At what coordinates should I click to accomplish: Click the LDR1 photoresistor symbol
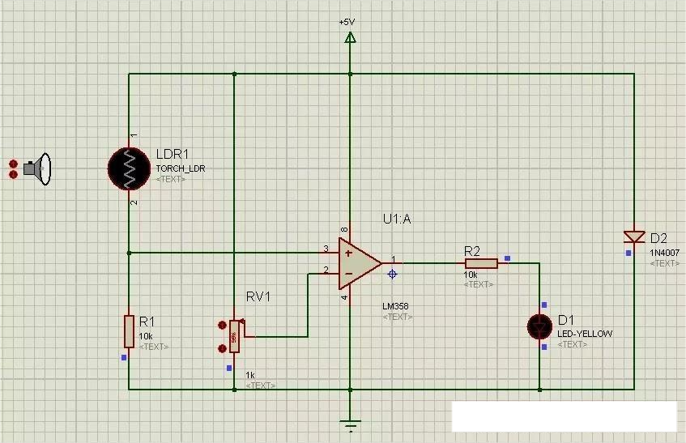(129, 167)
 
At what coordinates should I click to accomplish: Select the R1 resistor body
(129, 331)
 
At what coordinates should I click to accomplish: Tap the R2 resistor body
(481, 262)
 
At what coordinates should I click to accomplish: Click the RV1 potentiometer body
(235, 336)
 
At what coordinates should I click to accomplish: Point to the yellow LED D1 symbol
(539, 326)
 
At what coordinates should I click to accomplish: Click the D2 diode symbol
(633, 236)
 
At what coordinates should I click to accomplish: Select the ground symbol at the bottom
(350, 424)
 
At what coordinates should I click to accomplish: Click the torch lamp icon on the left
(37, 168)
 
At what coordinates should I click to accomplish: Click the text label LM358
(396, 307)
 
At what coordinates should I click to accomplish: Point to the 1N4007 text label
(664, 253)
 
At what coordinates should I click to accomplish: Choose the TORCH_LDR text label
(181, 168)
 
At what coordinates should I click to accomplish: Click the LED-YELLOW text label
(584, 334)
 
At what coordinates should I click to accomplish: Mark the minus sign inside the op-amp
(348, 273)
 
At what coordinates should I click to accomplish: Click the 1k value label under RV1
(250, 376)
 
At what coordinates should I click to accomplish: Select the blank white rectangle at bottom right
(564, 416)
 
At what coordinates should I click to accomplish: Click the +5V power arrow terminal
(350, 37)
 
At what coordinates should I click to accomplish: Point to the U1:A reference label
(397, 219)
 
